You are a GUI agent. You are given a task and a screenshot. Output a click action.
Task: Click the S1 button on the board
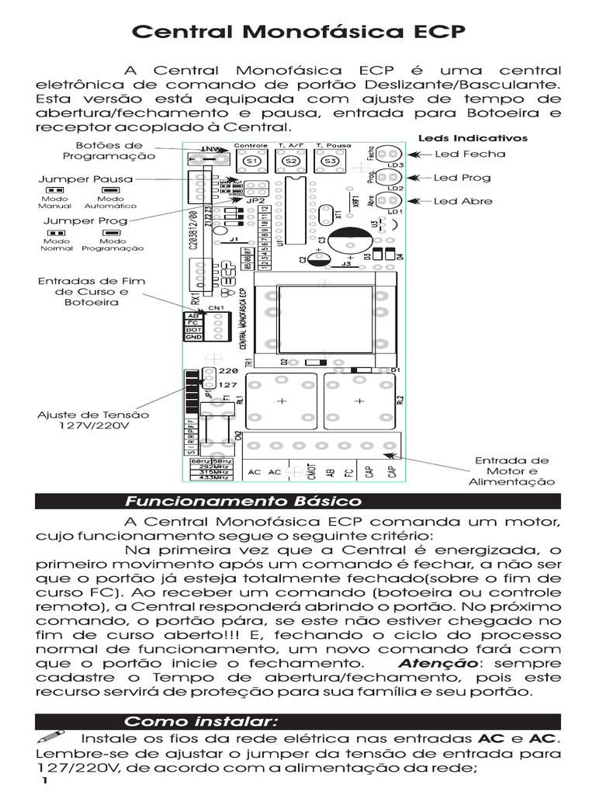251,160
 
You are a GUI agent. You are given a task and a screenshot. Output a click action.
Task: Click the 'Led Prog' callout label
463,178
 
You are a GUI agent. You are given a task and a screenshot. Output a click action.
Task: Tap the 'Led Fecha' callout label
470,154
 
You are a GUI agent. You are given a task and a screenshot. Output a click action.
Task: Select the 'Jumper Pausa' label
85,179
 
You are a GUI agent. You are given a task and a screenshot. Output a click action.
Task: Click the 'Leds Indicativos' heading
473,138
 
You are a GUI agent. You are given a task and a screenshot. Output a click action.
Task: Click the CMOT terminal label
310,472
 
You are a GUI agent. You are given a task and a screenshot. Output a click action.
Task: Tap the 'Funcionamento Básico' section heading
243,502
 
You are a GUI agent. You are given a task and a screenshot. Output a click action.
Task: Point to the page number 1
45,781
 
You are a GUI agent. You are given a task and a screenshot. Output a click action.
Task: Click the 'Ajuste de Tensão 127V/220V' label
93,420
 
